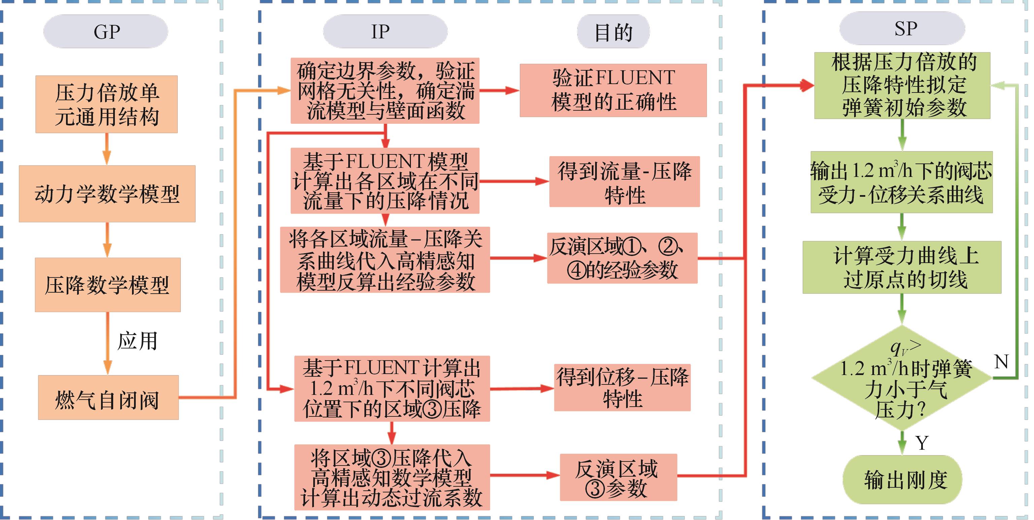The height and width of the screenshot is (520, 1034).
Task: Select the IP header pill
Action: pos(385,32)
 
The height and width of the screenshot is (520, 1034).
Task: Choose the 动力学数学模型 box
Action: pos(107,194)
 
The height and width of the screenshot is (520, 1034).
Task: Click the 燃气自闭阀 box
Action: pos(108,398)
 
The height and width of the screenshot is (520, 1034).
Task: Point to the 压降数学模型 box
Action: pos(107,285)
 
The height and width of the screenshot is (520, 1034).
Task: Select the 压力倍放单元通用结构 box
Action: pos(106,104)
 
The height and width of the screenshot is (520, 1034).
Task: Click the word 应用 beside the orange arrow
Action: pos(137,341)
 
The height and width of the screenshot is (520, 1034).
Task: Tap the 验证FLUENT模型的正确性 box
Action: pos(613,90)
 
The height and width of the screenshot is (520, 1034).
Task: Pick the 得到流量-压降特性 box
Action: pos(624,182)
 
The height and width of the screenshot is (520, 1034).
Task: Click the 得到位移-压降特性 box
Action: pos(622,388)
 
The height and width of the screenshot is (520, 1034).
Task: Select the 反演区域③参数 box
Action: pos(618,477)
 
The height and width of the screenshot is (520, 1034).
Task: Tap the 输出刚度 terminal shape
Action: pos(902,480)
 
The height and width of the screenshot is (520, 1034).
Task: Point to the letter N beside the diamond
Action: pos(1001,362)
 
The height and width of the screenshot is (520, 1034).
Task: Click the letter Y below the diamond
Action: pos(922,443)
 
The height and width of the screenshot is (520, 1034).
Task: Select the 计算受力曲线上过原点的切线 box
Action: pos(902,267)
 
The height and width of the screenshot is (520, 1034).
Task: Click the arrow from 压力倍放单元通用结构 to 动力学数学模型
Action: pos(107,149)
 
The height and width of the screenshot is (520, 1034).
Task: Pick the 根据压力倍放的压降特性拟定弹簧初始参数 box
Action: pos(902,85)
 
